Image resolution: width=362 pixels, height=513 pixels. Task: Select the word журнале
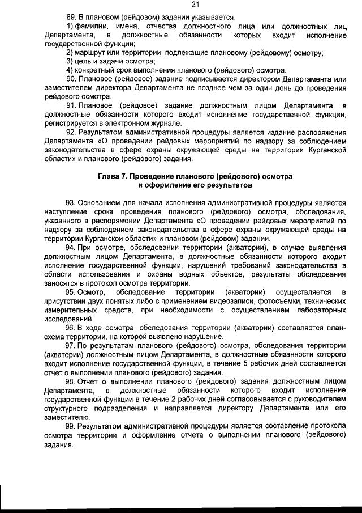pos(165,123)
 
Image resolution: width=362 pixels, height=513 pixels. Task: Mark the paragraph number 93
pos(71,203)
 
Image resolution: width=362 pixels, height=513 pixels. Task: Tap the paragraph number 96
pos(71,328)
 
